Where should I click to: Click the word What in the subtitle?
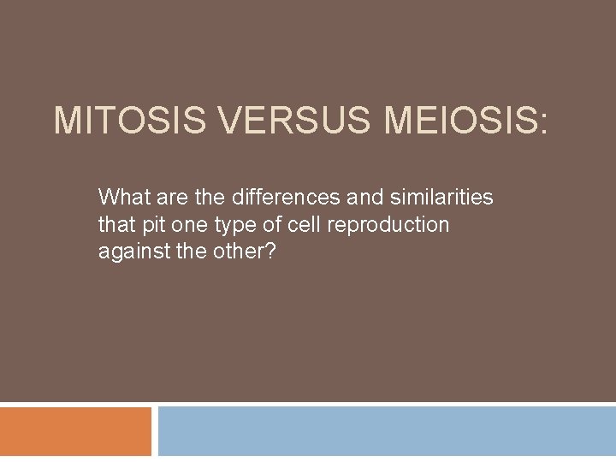tap(121, 198)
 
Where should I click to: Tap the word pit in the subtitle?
tap(148, 225)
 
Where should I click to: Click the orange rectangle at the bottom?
tap(75, 431)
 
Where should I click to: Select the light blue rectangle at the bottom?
tap(387, 431)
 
